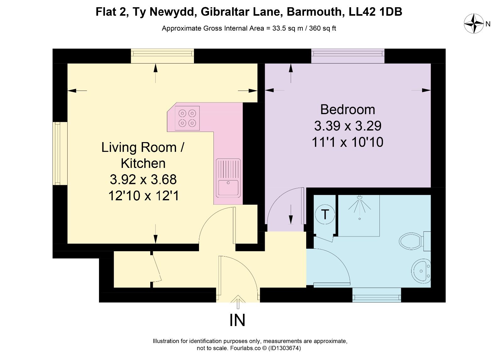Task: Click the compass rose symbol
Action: pos(474,24)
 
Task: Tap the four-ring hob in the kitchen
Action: pos(187,118)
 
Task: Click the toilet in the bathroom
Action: pos(415,241)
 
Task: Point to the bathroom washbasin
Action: pos(421,271)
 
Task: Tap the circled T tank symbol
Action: pos(325,214)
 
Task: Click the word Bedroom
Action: pos(348,110)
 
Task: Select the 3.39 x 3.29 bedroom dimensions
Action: pos(348,126)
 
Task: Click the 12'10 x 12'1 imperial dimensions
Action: pos(143,196)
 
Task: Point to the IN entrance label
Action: pos(237,320)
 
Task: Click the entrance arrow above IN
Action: pos(238,302)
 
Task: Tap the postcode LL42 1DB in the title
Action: pos(375,12)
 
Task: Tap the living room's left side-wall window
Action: pos(60,154)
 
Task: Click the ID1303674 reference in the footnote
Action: pos(285,348)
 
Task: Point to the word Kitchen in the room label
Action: pos(143,163)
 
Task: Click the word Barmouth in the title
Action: pos(316,12)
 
